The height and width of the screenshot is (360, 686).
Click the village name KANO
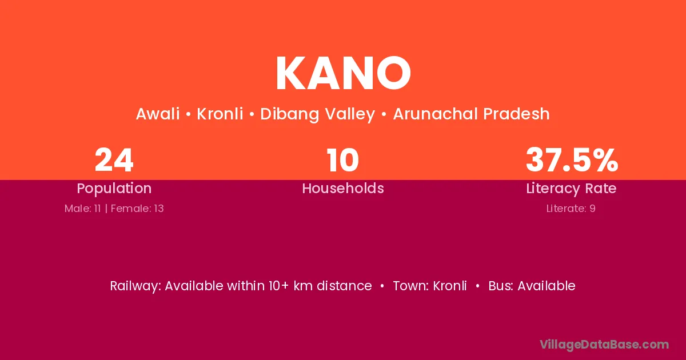pos(343,73)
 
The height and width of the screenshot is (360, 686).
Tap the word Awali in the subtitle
pos(158,114)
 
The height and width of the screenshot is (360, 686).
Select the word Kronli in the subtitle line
pos(220,114)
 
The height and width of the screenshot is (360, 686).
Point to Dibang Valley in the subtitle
pos(318,114)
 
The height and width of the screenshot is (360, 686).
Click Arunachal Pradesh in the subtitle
pos(471,114)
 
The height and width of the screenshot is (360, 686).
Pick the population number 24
pos(114,160)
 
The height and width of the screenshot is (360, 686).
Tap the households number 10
pos(342,160)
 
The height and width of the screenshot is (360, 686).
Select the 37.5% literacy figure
pos(572,160)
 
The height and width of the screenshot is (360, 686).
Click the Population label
pos(114,189)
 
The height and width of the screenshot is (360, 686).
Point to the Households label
pos(343,188)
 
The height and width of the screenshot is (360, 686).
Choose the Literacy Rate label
pos(572,189)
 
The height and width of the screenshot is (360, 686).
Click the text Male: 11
pos(83,209)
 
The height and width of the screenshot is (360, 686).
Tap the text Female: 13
pos(137,209)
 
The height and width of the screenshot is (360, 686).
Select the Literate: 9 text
pos(571,209)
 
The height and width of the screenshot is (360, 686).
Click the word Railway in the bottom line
pos(135,286)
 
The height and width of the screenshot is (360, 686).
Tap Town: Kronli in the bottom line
pos(430,286)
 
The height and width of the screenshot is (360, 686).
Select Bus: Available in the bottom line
pos(532,286)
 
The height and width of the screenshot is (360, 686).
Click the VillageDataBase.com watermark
pos(604,345)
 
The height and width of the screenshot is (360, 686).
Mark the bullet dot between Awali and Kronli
pos(188,114)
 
